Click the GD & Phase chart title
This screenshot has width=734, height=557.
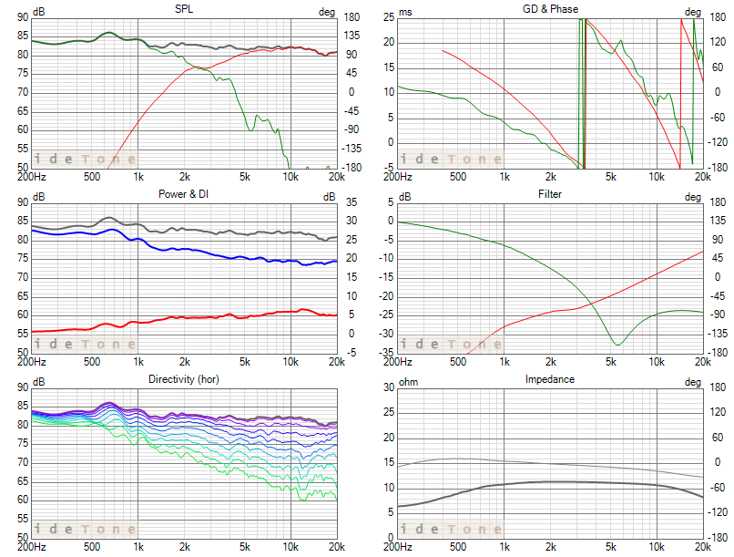550,9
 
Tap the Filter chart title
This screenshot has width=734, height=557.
550,194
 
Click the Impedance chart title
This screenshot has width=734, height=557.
550,378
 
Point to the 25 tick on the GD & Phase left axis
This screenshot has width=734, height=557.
389,16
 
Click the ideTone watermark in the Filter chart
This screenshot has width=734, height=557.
451,344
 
